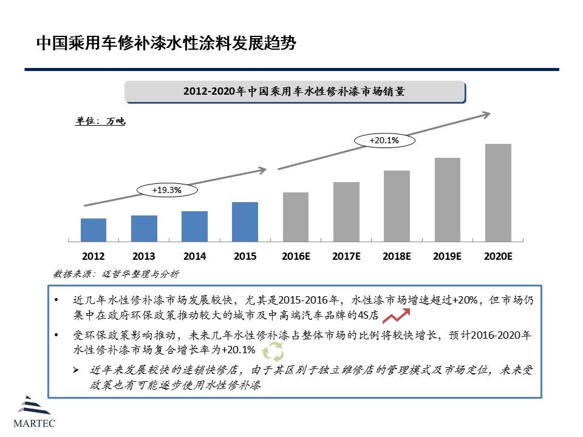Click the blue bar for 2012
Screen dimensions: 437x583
point(94,230)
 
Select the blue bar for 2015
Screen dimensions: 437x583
point(245,222)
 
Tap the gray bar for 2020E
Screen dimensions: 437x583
point(498,192)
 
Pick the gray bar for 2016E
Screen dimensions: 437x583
point(296,217)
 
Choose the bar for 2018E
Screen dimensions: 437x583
point(397,206)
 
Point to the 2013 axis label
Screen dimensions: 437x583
point(143,257)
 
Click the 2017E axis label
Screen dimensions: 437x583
point(346,257)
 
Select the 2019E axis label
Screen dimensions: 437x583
point(447,257)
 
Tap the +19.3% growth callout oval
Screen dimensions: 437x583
point(167,190)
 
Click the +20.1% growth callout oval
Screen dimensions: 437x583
point(384,141)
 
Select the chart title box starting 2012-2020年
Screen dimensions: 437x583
point(295,92)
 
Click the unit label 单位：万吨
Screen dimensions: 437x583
point(100,121)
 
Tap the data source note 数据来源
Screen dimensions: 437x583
point(116,274)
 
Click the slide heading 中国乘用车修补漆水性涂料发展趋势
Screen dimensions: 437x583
point(166,43)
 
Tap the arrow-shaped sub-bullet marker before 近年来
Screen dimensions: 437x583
point(77,370)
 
